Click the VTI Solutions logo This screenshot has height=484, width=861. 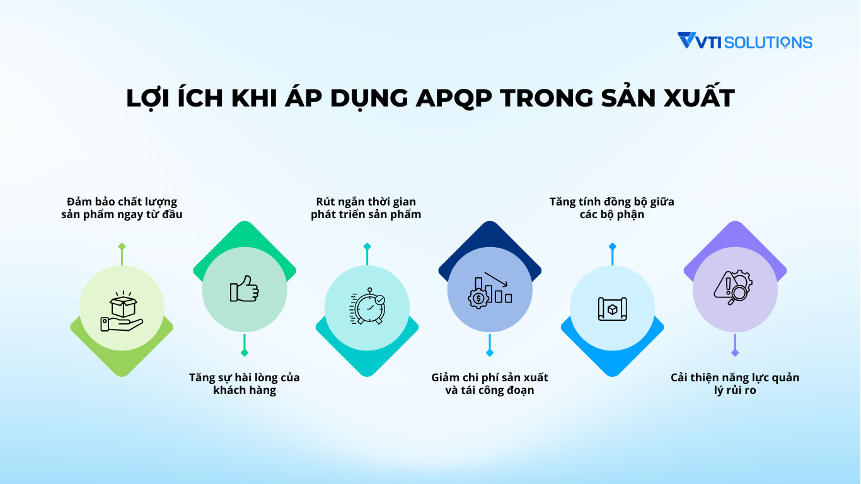(744, 42)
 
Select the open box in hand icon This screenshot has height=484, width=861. (122, 310)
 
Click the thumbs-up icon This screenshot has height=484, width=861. (245, 289)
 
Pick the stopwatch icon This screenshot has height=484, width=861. (367, 308)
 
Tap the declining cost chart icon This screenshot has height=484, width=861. (490, 289)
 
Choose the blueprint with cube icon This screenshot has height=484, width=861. (612, 308)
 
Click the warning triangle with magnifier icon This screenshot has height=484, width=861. (734, 288)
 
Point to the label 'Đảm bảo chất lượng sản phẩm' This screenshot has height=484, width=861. (122, 208)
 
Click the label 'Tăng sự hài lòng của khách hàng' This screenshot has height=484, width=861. (245, 384)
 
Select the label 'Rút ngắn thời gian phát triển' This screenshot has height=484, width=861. (366, 208)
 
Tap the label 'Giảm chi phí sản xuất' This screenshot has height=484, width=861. (490, 384)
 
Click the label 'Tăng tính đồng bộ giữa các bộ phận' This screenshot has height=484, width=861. (612, 208)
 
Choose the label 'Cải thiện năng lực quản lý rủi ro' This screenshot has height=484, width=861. (735, 384)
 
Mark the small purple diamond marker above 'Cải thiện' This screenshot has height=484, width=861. (734, 354)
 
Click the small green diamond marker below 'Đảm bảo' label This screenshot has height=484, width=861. (122, 246)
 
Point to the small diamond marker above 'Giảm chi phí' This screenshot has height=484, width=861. (490, 353)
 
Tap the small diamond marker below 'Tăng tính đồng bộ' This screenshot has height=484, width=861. (612, 246)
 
